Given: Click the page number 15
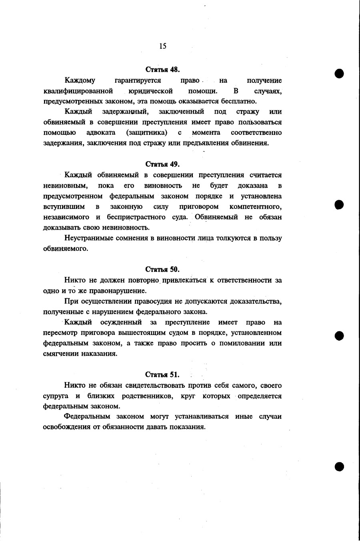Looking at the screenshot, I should click(x=162, y=46).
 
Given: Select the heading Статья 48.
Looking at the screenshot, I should click(x=162, y=69).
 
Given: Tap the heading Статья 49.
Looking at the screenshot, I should click(x=162, y=164).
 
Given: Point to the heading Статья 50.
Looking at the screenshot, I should click(x=162, y=269).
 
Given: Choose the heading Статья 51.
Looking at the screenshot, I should click(x=162, y=375).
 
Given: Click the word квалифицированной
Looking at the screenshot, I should click(x=78, y=91).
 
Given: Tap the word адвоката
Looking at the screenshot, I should click(x=101, y=132).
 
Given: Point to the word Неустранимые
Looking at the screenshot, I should click(x=85, y=238).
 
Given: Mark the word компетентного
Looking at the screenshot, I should click(x=256, y=207).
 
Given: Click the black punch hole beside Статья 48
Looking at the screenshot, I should click(x=340, y=74).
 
